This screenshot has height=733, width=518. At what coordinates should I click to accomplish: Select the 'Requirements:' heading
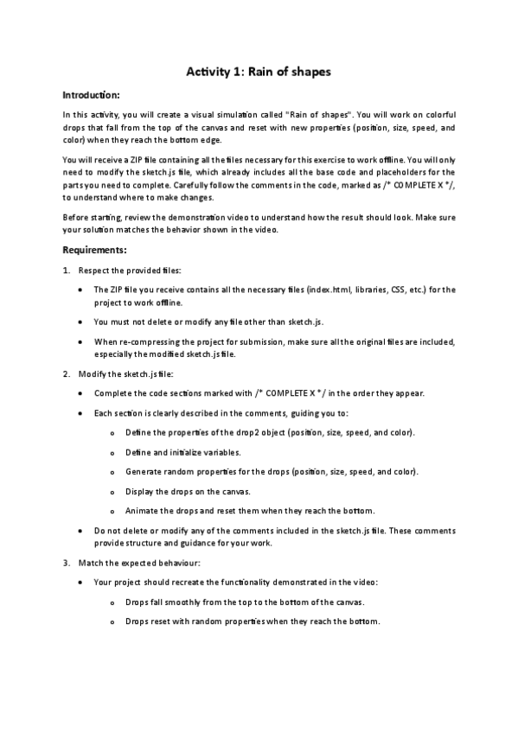(95, 251)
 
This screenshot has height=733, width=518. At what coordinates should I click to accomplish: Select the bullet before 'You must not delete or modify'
(80, 322)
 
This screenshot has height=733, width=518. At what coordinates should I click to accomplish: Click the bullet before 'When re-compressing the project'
(80, 341)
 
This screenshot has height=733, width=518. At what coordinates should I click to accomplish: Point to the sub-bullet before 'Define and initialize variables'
(113, 452)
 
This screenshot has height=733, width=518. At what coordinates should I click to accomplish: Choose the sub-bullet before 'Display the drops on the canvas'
(113, 491)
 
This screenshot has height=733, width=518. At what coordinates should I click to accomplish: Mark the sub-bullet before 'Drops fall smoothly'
(113, 602)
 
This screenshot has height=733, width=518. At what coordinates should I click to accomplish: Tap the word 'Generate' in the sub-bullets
(144, 472)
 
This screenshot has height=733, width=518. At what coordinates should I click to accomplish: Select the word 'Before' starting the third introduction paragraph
(76, 216)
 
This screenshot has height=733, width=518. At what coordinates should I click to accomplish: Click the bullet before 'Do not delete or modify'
(80, 530)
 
